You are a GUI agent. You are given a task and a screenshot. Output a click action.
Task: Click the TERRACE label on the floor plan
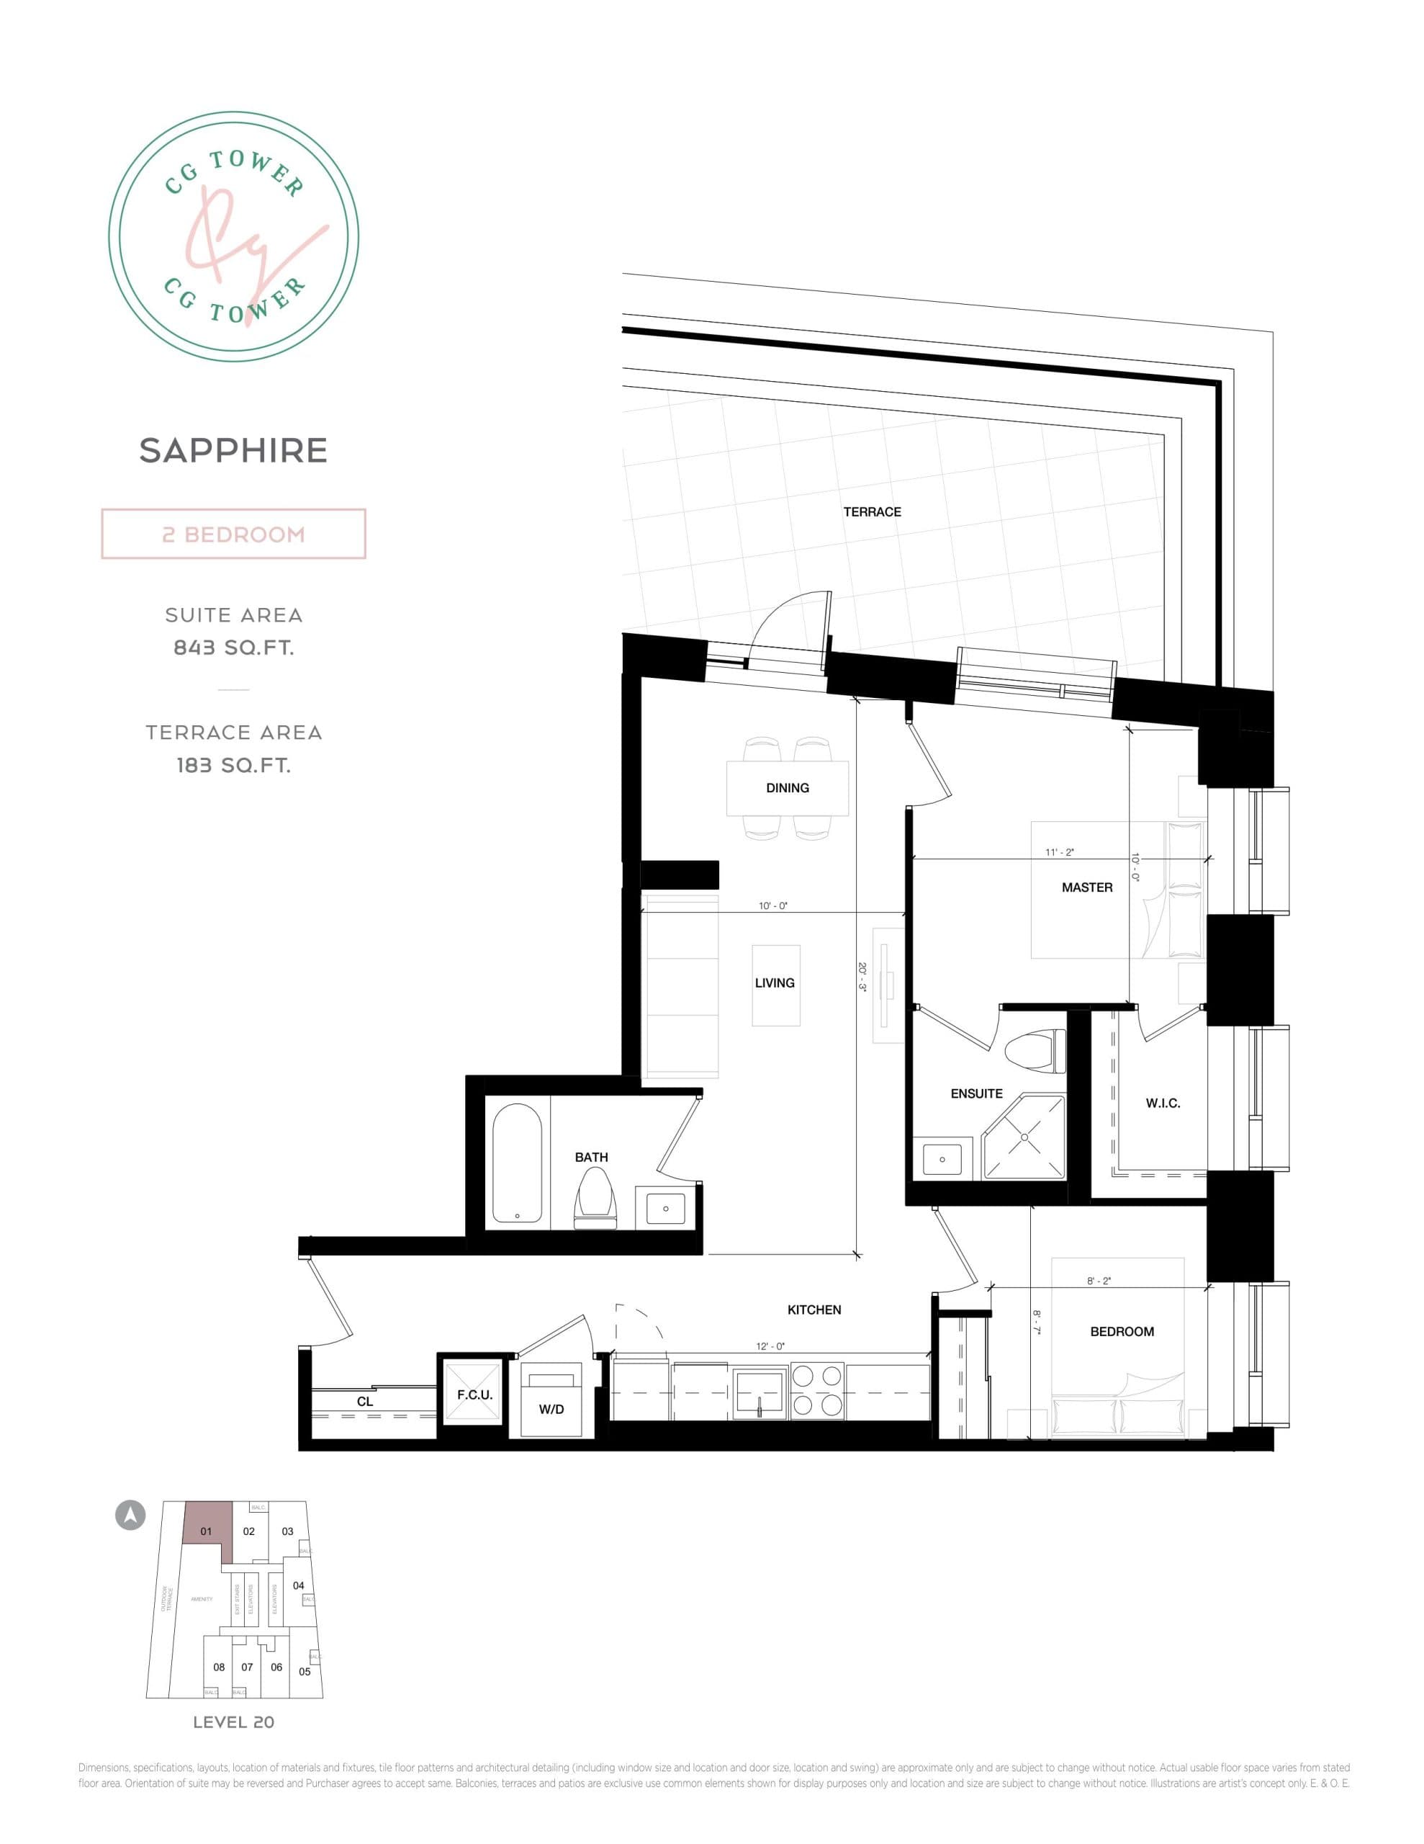click(872, 511)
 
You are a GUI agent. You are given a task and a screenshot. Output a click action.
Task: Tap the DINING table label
click(787, 788)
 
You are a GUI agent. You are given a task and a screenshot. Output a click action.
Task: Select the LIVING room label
click(774, 983)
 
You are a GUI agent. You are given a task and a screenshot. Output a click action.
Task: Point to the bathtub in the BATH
click(517, 1163)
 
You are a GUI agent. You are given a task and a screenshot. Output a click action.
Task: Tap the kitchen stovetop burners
click(817, 1391)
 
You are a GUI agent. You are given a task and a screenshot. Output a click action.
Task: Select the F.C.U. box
click(474, 1394)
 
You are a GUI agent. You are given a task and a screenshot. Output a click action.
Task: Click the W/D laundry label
click(551, 1409)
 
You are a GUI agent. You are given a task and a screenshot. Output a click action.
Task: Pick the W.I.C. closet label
click(1163, 1103)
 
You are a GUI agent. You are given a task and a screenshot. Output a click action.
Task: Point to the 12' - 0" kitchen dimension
click(769, 1346)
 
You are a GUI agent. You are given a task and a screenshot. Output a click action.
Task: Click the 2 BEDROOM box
click(233, 534)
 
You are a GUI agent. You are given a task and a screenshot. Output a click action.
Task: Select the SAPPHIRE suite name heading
click(233, 451)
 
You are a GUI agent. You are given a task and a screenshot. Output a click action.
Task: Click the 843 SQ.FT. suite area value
click(233, 648)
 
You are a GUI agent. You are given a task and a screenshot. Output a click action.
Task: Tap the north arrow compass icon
click(130, 1515)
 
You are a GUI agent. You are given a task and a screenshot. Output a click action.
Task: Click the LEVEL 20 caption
click(233, 1722)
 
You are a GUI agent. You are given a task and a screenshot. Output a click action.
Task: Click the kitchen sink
click(760, 1391)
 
